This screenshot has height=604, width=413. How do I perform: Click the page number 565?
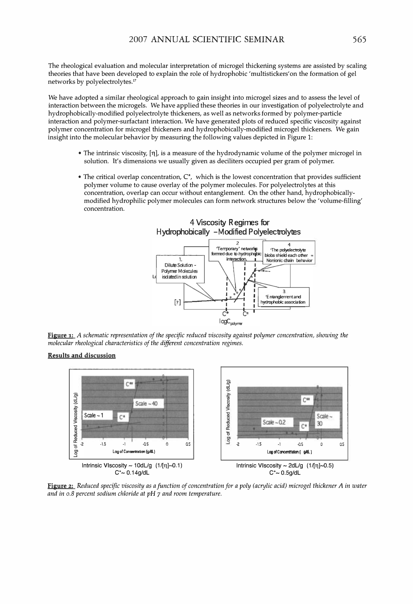(x=359, y=39)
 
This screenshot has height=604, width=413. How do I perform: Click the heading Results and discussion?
(x=82, y=355)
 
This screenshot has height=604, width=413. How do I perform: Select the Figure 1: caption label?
(x=61, y=335)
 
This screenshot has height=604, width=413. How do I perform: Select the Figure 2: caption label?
(x=61, y=486)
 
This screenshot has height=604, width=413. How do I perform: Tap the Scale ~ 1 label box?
(x=97, y=415)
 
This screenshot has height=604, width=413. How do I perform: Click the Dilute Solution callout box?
(x=180, y=269)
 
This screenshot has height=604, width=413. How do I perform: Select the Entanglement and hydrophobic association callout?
(x=284, y=297)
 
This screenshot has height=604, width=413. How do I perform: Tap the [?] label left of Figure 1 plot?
(x=177, y=302)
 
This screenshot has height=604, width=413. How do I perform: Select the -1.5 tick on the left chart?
(x=103, y=444)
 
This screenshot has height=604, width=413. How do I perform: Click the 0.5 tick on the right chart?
(x=342, y=444)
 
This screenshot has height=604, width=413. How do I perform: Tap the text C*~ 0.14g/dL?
(x=132, y=472)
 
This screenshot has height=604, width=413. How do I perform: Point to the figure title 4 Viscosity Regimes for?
(x=230, y=223)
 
